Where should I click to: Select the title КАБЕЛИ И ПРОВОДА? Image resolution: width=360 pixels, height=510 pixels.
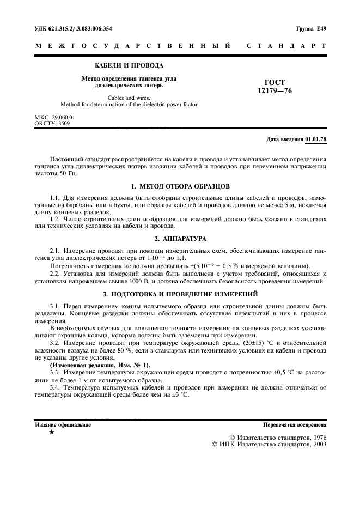(x=129, y=65)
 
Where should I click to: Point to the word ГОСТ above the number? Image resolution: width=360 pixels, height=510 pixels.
(x=274, y=82)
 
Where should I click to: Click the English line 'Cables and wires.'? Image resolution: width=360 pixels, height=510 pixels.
(x=129, y=96)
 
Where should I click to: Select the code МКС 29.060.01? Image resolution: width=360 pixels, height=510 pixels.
(x=55, y=117)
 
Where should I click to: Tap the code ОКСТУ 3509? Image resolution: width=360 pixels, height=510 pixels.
(x=52, y=123)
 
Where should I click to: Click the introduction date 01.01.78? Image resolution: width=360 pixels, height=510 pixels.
(x=316, y=139)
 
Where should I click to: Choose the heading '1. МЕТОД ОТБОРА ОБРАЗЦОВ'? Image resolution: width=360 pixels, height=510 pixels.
(x=180, y=186)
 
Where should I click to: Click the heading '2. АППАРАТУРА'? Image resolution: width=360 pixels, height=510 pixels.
(x=180, y=239)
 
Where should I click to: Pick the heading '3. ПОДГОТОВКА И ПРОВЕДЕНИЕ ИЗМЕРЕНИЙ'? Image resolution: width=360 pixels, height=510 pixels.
(x=180, y=294)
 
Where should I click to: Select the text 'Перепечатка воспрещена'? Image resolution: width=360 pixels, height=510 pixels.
(x=295, y=424)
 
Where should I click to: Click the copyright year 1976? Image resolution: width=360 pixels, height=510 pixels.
(x=316, y=437)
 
